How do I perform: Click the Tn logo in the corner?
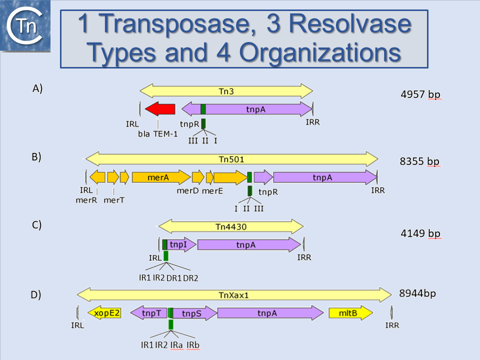point(25,25)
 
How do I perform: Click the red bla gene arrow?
point(160,109)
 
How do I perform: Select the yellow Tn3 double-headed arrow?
point(226,91)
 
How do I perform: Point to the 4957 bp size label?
point(420,94)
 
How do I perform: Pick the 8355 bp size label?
point(419,161)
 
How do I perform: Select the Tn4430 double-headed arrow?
point(231,226)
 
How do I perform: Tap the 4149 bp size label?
point(420,233)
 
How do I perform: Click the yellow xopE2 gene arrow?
point(104,312)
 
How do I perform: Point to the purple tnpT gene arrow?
point(148,313)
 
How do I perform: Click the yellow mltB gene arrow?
point(350,313)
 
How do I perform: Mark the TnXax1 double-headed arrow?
point(234,294)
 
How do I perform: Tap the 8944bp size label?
point(417,293)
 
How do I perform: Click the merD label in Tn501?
point(187,190)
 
